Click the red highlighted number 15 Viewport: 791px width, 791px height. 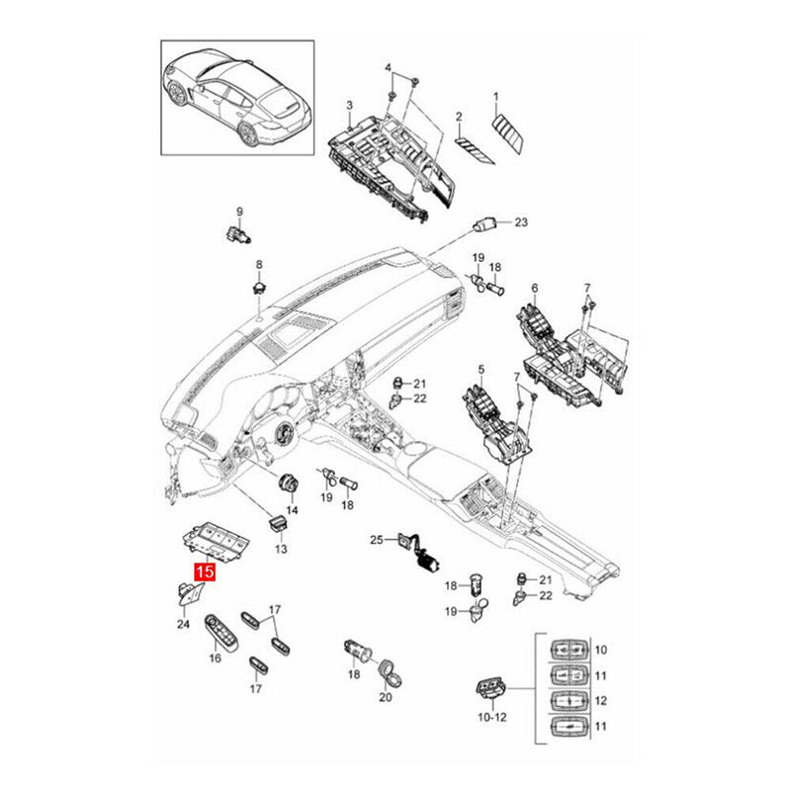(x=206, y=571)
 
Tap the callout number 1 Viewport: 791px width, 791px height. (x=496, y=96)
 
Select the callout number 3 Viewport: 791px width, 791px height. (x=348, y=105)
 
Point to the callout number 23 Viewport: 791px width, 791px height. (x=522, y=222)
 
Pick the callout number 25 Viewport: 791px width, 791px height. (x=376, y=540)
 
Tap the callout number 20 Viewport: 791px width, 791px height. (x=386, y=697)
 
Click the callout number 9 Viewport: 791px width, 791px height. (x=238, y=211)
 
